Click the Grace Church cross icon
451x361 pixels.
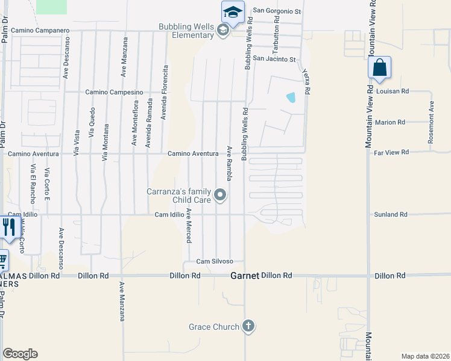coord(248,327)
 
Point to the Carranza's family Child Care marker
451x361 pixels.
coord(221,194)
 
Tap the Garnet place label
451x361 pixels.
coord(245,276)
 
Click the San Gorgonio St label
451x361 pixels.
coord(276,11)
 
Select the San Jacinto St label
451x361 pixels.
coord(274,59)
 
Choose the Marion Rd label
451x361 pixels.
coord(390,122)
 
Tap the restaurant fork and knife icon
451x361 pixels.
coord(8,226)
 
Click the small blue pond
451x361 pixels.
coord(291,97)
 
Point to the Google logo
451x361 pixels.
coord(20,354)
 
